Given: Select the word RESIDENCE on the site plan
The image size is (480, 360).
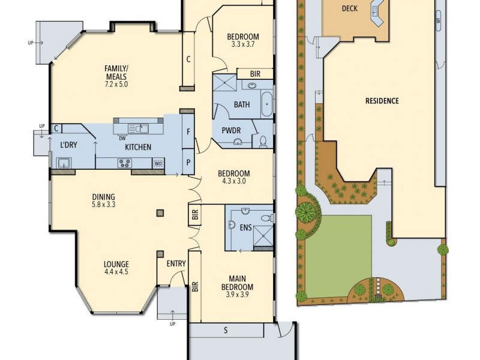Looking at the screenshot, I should click(x=382, y=101).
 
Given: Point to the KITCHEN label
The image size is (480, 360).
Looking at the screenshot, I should click(x=137, y=147).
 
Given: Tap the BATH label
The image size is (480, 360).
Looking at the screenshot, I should click(x=242, y=104).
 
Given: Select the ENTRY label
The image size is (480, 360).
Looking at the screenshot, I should click(x=176, y=263).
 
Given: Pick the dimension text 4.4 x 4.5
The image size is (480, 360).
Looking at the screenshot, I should click(x=116, y=272).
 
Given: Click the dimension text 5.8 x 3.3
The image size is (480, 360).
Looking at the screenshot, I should click(x=103, y=205).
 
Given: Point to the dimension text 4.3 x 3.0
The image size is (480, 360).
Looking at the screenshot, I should click(x=235, y=182).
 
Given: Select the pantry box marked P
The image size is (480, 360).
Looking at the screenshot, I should click(x=188, y=163).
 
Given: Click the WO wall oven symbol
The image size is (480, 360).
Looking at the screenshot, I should click(x=158, y=163).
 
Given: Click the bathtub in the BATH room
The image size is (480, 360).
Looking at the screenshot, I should click(x=266, y=104).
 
